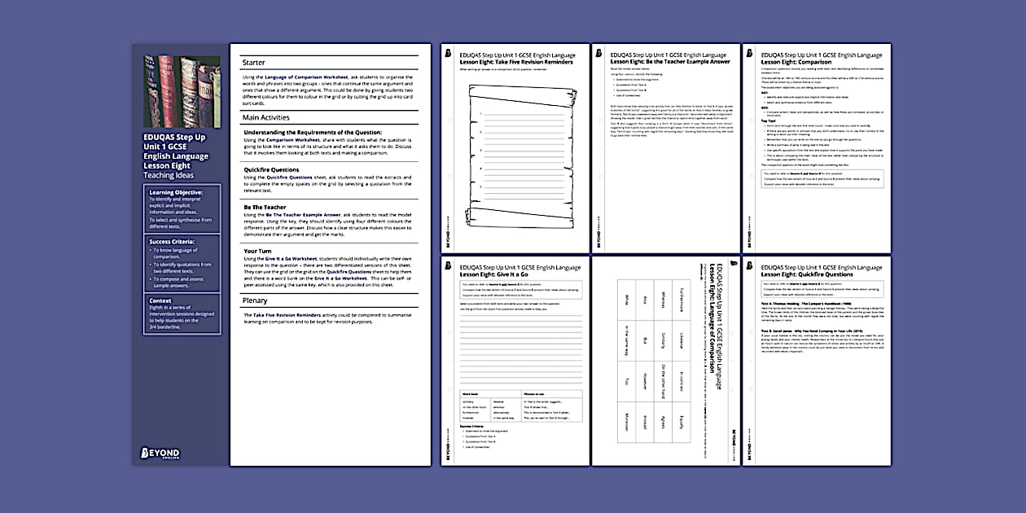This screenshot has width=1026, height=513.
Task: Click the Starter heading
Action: pos(253,63)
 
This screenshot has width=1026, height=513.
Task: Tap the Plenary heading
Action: pos(255,300)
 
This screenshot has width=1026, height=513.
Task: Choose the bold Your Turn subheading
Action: pos(257,251)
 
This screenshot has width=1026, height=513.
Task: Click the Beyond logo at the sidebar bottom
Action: pos(160,452)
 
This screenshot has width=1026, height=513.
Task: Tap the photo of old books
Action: pos(182,90)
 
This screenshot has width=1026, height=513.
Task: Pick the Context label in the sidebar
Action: pos(161,300)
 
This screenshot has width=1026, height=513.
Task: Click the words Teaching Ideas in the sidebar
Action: pos(168,174)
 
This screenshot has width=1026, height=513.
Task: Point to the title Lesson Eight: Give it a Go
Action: pos(496,274)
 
